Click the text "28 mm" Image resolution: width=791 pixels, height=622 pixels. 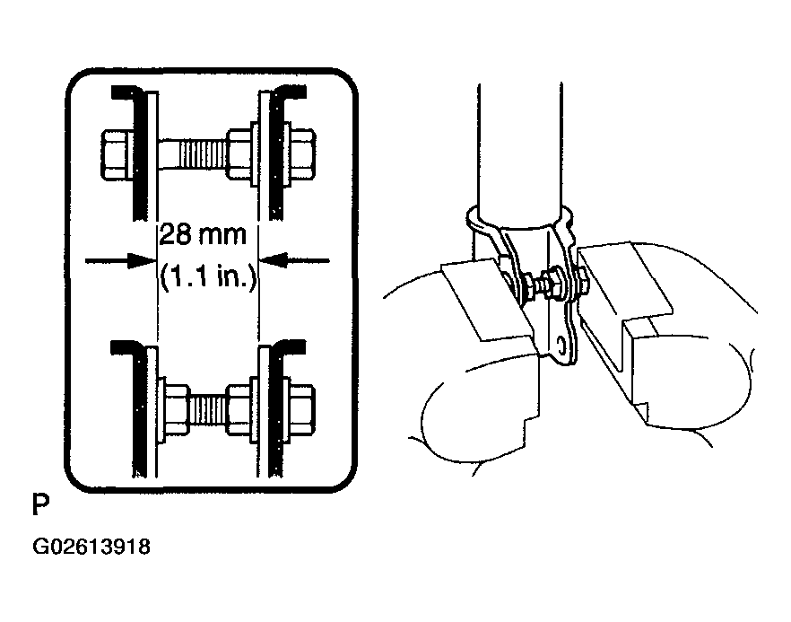coord(203,235)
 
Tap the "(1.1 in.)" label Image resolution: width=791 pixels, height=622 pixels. coord(208,277)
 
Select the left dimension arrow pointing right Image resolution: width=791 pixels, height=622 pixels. coord(120,261)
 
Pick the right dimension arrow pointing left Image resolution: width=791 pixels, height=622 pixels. coord(294,261)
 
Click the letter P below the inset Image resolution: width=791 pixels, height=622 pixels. coord(41,504)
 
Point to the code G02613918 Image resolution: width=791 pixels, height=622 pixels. coord(91,547)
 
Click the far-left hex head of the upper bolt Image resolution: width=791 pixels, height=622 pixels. coord(117,154)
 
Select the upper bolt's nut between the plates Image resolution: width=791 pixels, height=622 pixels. coord(239,154)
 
